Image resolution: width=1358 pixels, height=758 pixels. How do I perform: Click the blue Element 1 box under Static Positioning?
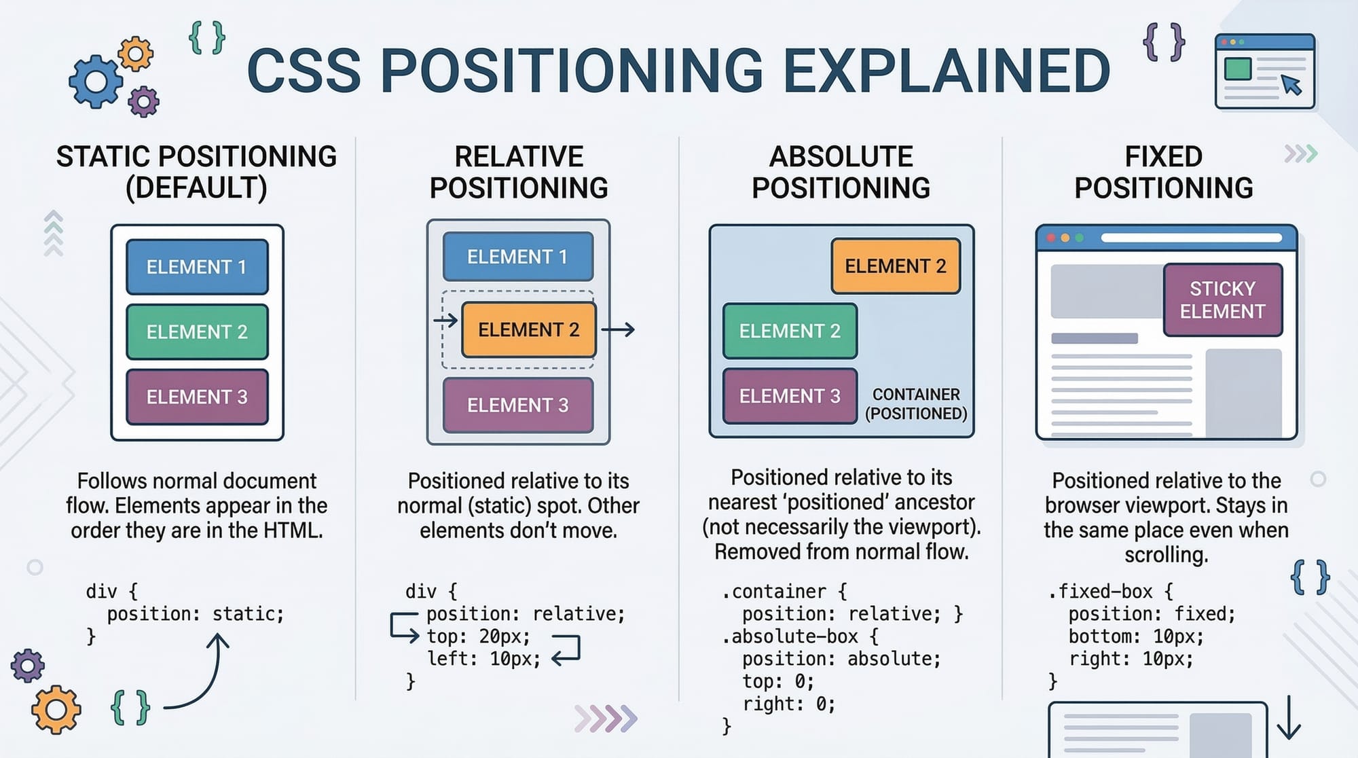[197, 267]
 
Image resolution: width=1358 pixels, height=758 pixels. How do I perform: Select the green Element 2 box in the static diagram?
[197, 331]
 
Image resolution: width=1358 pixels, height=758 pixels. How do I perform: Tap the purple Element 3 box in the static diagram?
[197, 397]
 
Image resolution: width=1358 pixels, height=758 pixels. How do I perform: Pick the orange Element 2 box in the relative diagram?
[528, 330]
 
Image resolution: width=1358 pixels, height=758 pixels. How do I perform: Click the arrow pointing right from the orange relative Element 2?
[618, 330]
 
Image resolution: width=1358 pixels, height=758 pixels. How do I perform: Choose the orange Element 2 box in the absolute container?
[896, 266]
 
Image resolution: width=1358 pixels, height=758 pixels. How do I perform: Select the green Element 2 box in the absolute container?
[790, 331]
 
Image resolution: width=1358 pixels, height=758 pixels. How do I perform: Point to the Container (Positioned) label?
[916, 404]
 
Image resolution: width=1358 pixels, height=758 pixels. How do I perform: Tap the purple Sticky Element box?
[1223, 300]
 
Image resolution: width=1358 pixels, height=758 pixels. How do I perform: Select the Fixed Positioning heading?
[1164, 172]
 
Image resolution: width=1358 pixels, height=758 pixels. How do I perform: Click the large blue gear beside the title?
[96, 82]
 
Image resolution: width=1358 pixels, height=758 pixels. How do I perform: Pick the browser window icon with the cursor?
[1265, 71]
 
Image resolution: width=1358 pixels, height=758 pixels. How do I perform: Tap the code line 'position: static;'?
[195, 614]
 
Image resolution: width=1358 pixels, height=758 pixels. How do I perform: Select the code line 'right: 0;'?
[788, 704]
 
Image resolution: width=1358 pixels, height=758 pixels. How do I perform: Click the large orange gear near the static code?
[56, 710]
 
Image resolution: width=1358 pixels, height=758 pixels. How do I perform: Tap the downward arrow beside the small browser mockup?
[1289, 718]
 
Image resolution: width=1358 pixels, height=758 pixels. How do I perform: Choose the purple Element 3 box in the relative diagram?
[518, 405]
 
